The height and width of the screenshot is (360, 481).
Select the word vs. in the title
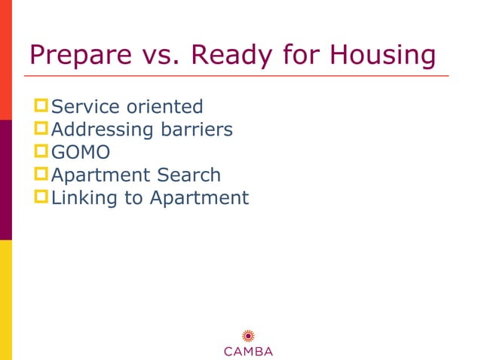pyautogui.click(x=156, y=55)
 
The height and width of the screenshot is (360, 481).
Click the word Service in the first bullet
pyautogui.click(x=83, y=107)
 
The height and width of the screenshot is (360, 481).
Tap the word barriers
pyautogui.click(x=197, y=130)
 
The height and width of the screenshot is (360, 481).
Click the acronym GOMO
pyautogui.click(x=80, y=152)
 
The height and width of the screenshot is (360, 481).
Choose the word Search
pyautogui.click(x=188, y=175)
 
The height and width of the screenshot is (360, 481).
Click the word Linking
pyautogui.click(x=82, y=198)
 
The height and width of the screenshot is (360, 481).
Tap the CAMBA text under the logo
pyautogui.click(x=247, y=352)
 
